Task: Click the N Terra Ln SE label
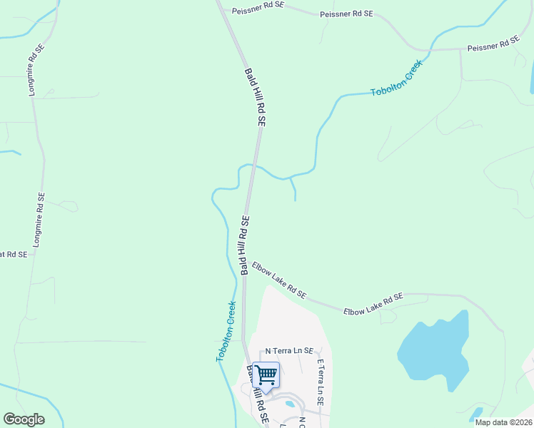coord(289,351)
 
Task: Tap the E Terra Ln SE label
coord(321,382)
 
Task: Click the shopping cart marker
coord(266,374)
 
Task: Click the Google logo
coord(24,419)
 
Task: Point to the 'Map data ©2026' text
coord(504,422)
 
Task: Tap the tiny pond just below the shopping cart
coord(289,404)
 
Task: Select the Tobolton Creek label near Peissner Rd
coord(397,78)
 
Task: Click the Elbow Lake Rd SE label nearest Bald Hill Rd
coord(279,280)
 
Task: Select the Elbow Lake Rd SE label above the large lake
coord(373,305)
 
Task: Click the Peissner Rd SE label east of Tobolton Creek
coord(493,44)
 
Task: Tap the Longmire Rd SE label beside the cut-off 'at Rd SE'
coord(39,220)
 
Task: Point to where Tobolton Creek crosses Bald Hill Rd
coord(251,165)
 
